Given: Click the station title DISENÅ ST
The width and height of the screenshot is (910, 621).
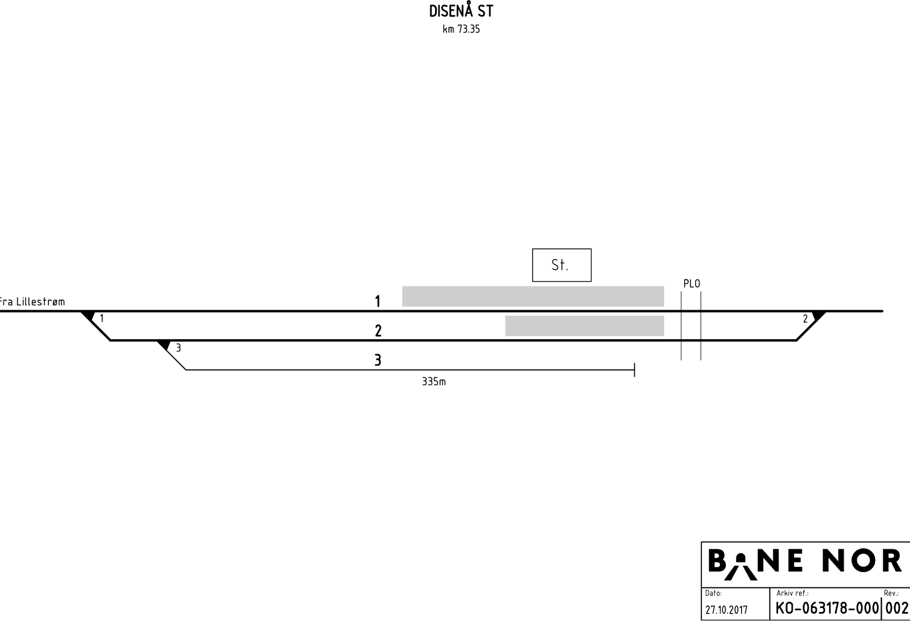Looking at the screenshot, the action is pyautogui.click(x=461, y=11).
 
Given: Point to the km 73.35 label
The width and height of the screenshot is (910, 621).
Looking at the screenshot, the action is pyautogui.click(x=461, y=29).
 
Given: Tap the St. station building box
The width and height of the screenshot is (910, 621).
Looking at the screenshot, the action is pyautogui.click(x=562, y=265).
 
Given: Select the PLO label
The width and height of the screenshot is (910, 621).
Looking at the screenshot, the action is pyautogui.click(x=692, y=284).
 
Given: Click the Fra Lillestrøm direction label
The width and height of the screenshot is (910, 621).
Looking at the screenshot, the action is pyautogui.click(x=32, y=302).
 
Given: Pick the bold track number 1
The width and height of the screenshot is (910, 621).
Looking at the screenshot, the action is pyautogui.click(x=378, y=301).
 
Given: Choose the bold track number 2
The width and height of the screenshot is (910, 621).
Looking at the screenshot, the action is pyautogui.click(x=378, y=331).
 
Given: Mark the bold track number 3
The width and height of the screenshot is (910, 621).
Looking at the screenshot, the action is pyautogui.click(x=378, y=360).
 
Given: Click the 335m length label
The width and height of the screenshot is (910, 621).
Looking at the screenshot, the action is pyautogui.click(x=433, y=382).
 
